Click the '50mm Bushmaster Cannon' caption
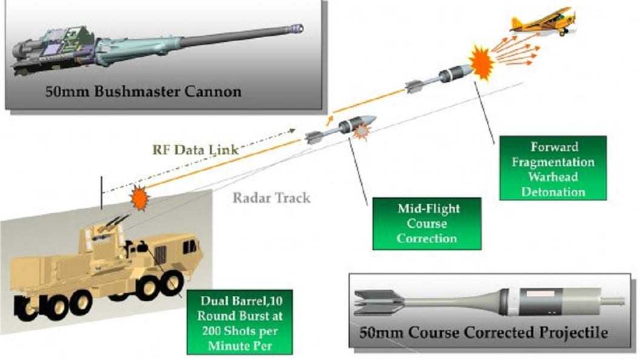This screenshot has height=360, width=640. (144, 92)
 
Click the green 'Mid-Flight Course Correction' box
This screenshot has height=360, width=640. (427, 223)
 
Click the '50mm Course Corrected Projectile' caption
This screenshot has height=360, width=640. (483, 333)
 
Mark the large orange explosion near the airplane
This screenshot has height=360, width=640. (482, 64)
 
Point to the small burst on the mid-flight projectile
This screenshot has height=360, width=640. (362, 131)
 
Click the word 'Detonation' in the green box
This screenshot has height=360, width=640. (552, 192)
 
